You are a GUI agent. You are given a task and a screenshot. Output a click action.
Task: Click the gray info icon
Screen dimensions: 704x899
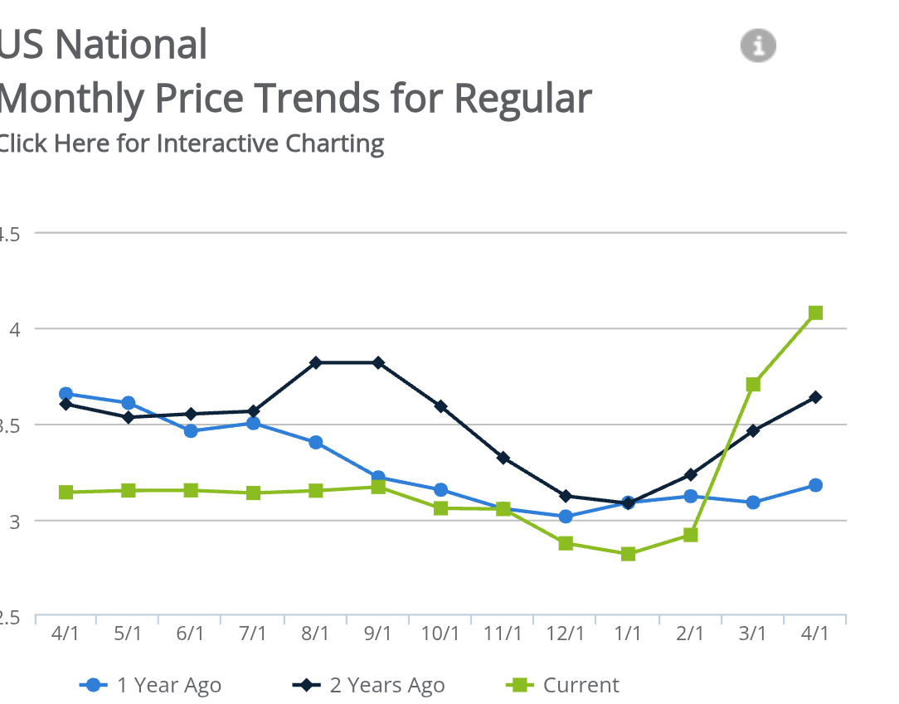click(x=758, y=45)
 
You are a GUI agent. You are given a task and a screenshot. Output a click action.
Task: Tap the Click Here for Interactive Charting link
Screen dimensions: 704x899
click(x=190, y=143)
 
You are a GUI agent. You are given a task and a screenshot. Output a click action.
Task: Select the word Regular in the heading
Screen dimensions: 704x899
click(x=522, y=98)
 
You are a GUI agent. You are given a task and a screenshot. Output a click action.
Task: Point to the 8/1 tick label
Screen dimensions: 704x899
click(x=315, y=633)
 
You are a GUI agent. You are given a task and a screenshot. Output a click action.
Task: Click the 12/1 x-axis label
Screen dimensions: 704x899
click(x=565, y=633)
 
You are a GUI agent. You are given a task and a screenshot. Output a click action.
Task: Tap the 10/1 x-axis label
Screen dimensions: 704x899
click(x=440, y=633)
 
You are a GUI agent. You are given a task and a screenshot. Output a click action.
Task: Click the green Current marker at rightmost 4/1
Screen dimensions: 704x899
click(x=815, y=313)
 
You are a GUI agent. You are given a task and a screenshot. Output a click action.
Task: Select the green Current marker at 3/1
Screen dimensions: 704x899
click(x=753, y=384)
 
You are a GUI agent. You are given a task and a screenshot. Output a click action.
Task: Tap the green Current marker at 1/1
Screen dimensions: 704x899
click(x=628, y=553)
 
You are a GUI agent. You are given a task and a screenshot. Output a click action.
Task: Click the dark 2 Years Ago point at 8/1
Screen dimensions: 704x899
click(x=316, y=362)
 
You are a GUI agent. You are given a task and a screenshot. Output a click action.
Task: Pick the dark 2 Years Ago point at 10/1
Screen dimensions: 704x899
click(x=440, y=406)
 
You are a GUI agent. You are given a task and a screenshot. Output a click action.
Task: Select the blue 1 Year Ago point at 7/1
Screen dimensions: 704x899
click(x=253, y=423)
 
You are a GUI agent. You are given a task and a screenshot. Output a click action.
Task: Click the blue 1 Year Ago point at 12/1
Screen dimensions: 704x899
click(x=566, y=516)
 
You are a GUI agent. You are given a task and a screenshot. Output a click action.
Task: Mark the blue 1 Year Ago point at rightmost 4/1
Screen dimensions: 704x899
click(x=815, y=485)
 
